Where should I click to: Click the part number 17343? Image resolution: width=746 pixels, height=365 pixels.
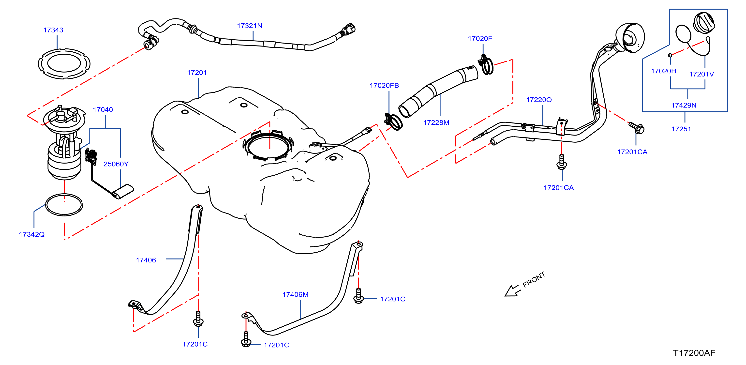point(53,30)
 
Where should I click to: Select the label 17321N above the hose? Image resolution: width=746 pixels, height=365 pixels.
point(250,26)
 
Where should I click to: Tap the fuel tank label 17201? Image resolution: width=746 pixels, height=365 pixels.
point(197,72)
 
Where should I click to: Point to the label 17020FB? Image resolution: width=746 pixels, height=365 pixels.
point(384,85)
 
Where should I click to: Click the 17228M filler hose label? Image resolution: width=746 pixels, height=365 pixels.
point(436,122)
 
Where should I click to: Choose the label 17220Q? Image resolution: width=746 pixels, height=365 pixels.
point(539,100)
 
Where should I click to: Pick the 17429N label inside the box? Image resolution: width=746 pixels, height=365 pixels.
point(684,105)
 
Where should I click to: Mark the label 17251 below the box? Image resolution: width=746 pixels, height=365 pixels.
point(681,129)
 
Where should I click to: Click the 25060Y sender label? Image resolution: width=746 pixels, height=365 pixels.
point(116,164)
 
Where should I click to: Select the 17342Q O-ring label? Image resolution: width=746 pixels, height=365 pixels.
point(32,234)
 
